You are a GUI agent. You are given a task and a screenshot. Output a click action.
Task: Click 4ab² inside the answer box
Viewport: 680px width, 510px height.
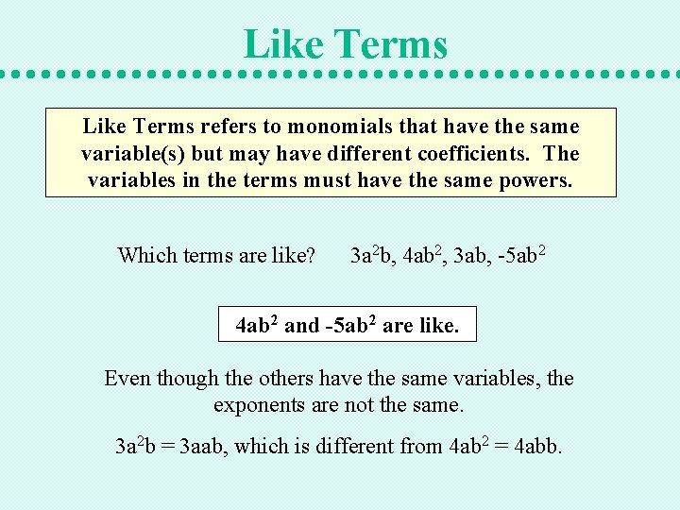(x=256, y=326)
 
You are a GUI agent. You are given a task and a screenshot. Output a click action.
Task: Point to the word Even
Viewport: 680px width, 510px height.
(x=127, y=379)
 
